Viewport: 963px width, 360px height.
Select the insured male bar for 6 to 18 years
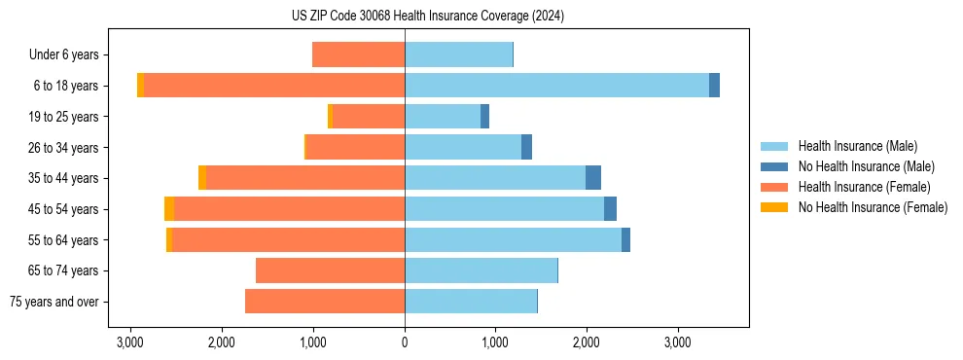point(556,86)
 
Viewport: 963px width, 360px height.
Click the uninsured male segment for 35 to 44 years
point(593,178)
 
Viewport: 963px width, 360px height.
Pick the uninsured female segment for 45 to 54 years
point(169,209)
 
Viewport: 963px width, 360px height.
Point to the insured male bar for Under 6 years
point(458,54)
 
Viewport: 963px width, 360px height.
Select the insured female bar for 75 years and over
point(325,302)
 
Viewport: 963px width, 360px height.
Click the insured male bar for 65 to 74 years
point(481,270)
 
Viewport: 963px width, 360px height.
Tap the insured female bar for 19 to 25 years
point(369,117)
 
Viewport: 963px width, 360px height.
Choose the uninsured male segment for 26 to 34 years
point(526,147)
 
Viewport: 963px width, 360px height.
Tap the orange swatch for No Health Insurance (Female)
point(774,207)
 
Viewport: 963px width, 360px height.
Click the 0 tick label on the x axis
point(405,342)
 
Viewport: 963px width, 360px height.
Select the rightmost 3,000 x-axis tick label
point(678,342)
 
